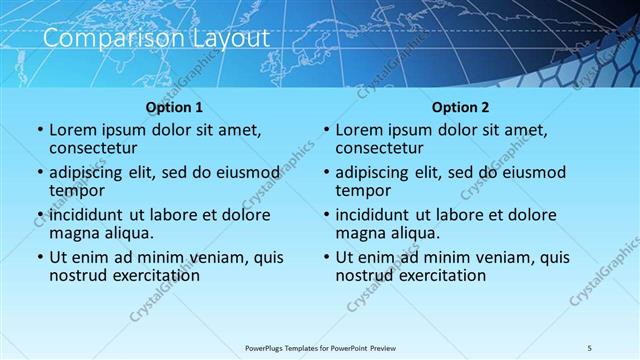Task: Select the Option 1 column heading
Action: pyautogui.click(x=175, y=107)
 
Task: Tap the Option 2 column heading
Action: pyautogui.click(x=460, y=107)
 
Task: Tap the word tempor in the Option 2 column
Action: pyautogui.click(x=363, y=191)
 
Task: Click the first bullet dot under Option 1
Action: pyautogui.click(x=39, y=130)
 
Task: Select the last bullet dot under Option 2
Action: pyautogui.click(x=325, y=257)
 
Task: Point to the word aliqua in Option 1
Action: pyautogui.click(x=125, y=233)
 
